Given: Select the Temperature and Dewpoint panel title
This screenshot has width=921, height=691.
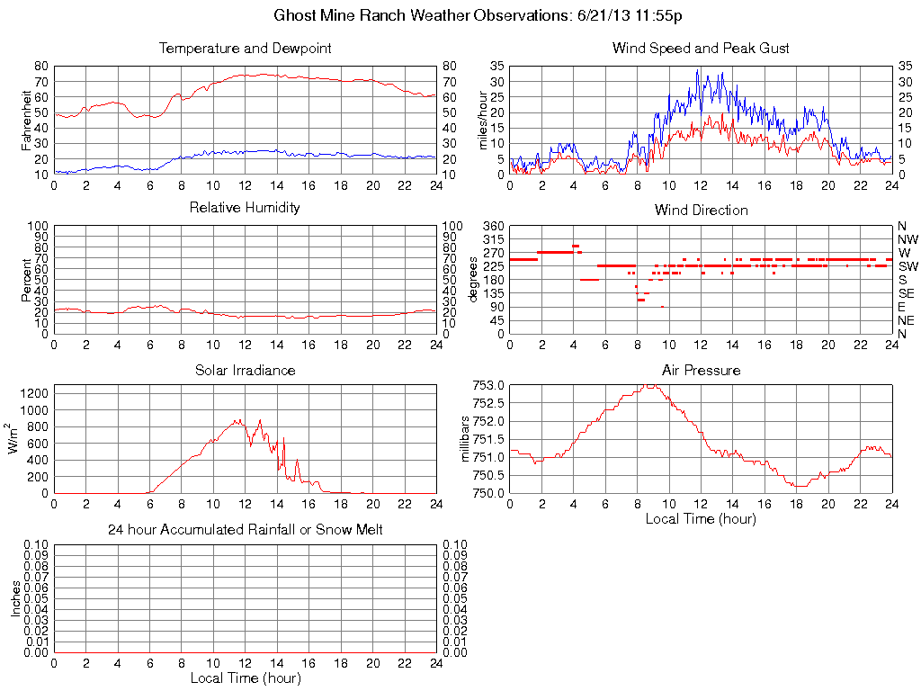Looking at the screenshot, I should point(245,48).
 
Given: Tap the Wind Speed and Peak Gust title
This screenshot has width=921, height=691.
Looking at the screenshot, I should point(701,48).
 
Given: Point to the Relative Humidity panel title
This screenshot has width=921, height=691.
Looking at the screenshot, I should point(245,208).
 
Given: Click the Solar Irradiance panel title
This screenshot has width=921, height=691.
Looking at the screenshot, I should point(245,370).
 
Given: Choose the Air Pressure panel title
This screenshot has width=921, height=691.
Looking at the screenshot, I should point(701,370).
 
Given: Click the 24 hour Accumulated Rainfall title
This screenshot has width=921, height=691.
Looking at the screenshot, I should point(245,530).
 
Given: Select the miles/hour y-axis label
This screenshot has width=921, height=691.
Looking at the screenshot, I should point(483,120).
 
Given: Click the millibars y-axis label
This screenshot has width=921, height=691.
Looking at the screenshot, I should point(467,439).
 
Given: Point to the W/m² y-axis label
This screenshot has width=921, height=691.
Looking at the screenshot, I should point(15,438).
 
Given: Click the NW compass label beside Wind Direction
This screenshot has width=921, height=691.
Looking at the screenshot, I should point(907,239).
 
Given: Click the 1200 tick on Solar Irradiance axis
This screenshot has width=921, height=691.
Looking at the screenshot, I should point(35,392).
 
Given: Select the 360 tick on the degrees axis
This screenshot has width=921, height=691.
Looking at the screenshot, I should point(494,226).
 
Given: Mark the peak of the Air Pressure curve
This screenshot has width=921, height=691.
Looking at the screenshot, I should point(649,385).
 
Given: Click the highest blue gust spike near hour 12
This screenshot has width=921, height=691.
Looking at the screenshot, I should point(697,70).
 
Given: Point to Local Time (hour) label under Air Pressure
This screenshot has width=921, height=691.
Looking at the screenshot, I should point(701,518).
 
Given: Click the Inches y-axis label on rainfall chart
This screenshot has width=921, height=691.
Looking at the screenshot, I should point(15,598).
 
